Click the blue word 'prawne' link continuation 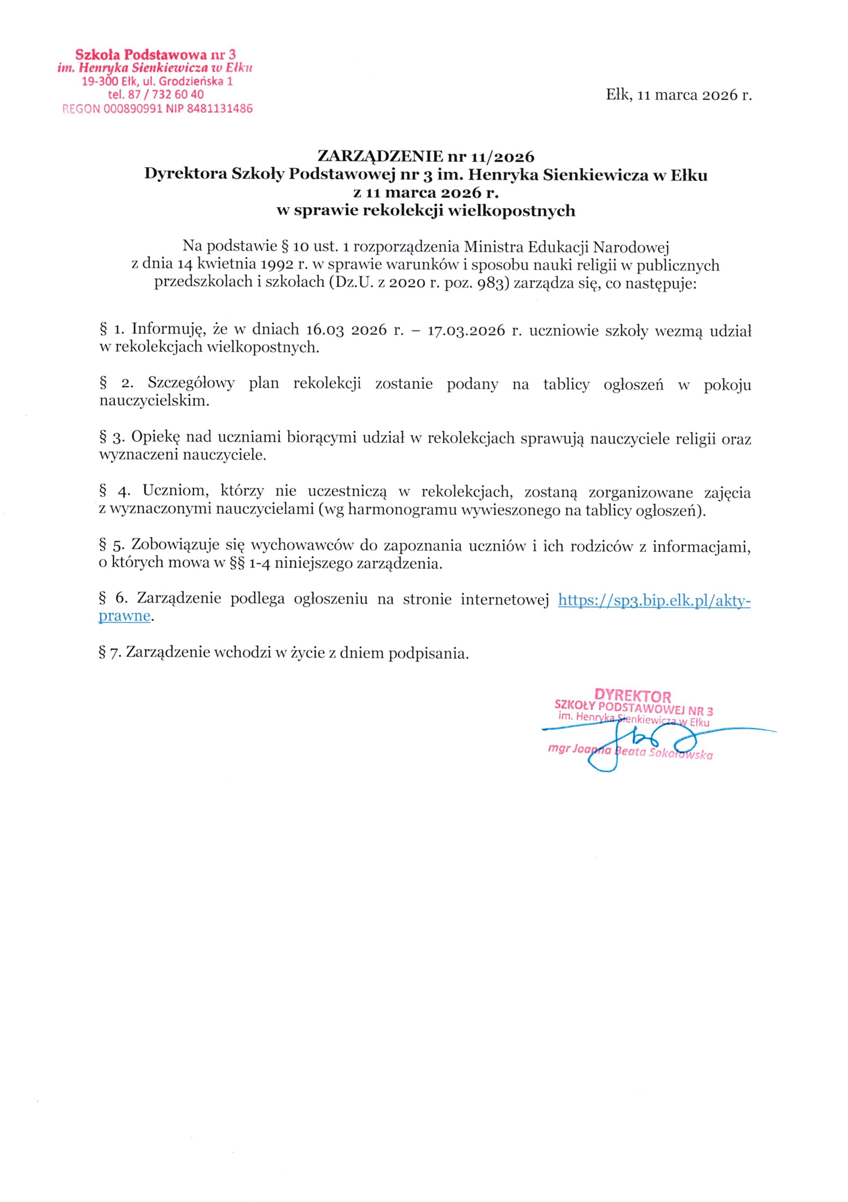click(125, 616)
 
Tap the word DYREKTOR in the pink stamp click(633, 696)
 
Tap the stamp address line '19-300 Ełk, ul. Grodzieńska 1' click(157, 82)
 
